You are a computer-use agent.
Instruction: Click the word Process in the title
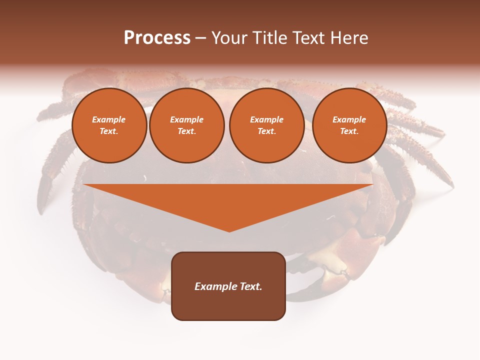tap(157, 38)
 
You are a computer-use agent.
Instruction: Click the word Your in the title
tap(229, 38)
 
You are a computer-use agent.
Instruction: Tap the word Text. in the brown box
tap(251, 286)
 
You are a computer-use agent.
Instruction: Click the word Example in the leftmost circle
tap(109, 119)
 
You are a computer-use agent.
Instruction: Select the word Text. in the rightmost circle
tap(349, 131)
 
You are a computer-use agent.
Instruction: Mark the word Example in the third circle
tap(267, 119)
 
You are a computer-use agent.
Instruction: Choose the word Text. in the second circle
tap(187, 131)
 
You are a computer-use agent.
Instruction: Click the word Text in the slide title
tap(309, 38)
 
